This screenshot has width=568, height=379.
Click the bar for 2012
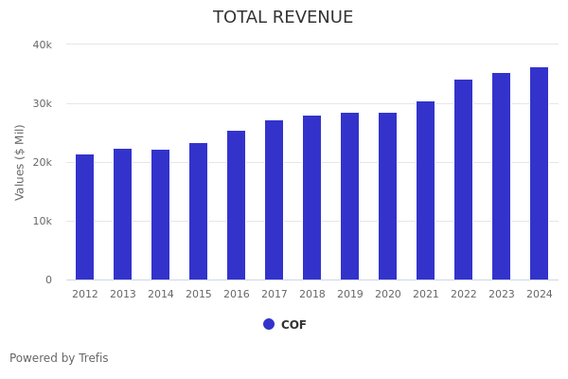point(85,217)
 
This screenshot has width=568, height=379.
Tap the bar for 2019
point(350,196)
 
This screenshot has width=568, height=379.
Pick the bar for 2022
point(464,179)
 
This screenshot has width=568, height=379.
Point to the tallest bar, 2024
point(540,173)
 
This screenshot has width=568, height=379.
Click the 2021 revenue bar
point(426,190)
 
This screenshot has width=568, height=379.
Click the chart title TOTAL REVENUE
point(283,18)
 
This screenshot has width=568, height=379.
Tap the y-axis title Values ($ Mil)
point(20,162)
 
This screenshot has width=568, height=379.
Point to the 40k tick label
point(43,45)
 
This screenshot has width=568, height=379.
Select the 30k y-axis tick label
point(43,103)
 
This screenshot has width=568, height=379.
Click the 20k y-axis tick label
point(43,162)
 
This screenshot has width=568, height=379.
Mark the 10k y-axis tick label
point(43,221)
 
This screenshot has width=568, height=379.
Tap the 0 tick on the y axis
point(47,280)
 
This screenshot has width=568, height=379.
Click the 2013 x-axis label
point(123,295)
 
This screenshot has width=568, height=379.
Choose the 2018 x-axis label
point(312,295)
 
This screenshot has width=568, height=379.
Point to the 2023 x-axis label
point(502,295)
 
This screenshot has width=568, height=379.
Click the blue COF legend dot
point(269,324)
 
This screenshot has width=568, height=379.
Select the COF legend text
point(293,325)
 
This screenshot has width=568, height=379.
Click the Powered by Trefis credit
point(59,358)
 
